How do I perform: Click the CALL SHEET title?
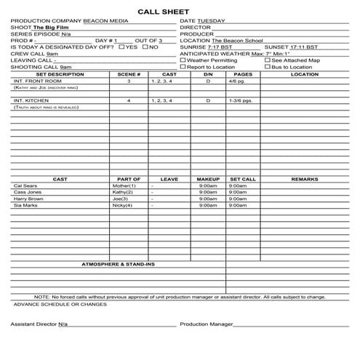click(180, 11)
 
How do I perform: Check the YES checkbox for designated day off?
click(121, 47)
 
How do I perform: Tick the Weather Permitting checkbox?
click(183, 60)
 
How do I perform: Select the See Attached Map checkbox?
click(268, 60)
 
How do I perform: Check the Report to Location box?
click(183, 66)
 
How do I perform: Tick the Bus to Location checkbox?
click(268, 66)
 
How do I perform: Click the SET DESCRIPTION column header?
click(59, 73)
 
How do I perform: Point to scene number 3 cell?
click(129, 81)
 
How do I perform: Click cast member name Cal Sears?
click(25, 185)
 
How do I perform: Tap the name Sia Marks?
click(25, 205)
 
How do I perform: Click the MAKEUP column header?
click(208, 179)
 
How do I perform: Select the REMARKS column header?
click(304, 179)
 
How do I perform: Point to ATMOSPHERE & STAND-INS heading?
click(118, 263)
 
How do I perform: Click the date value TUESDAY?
click(213, 20)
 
